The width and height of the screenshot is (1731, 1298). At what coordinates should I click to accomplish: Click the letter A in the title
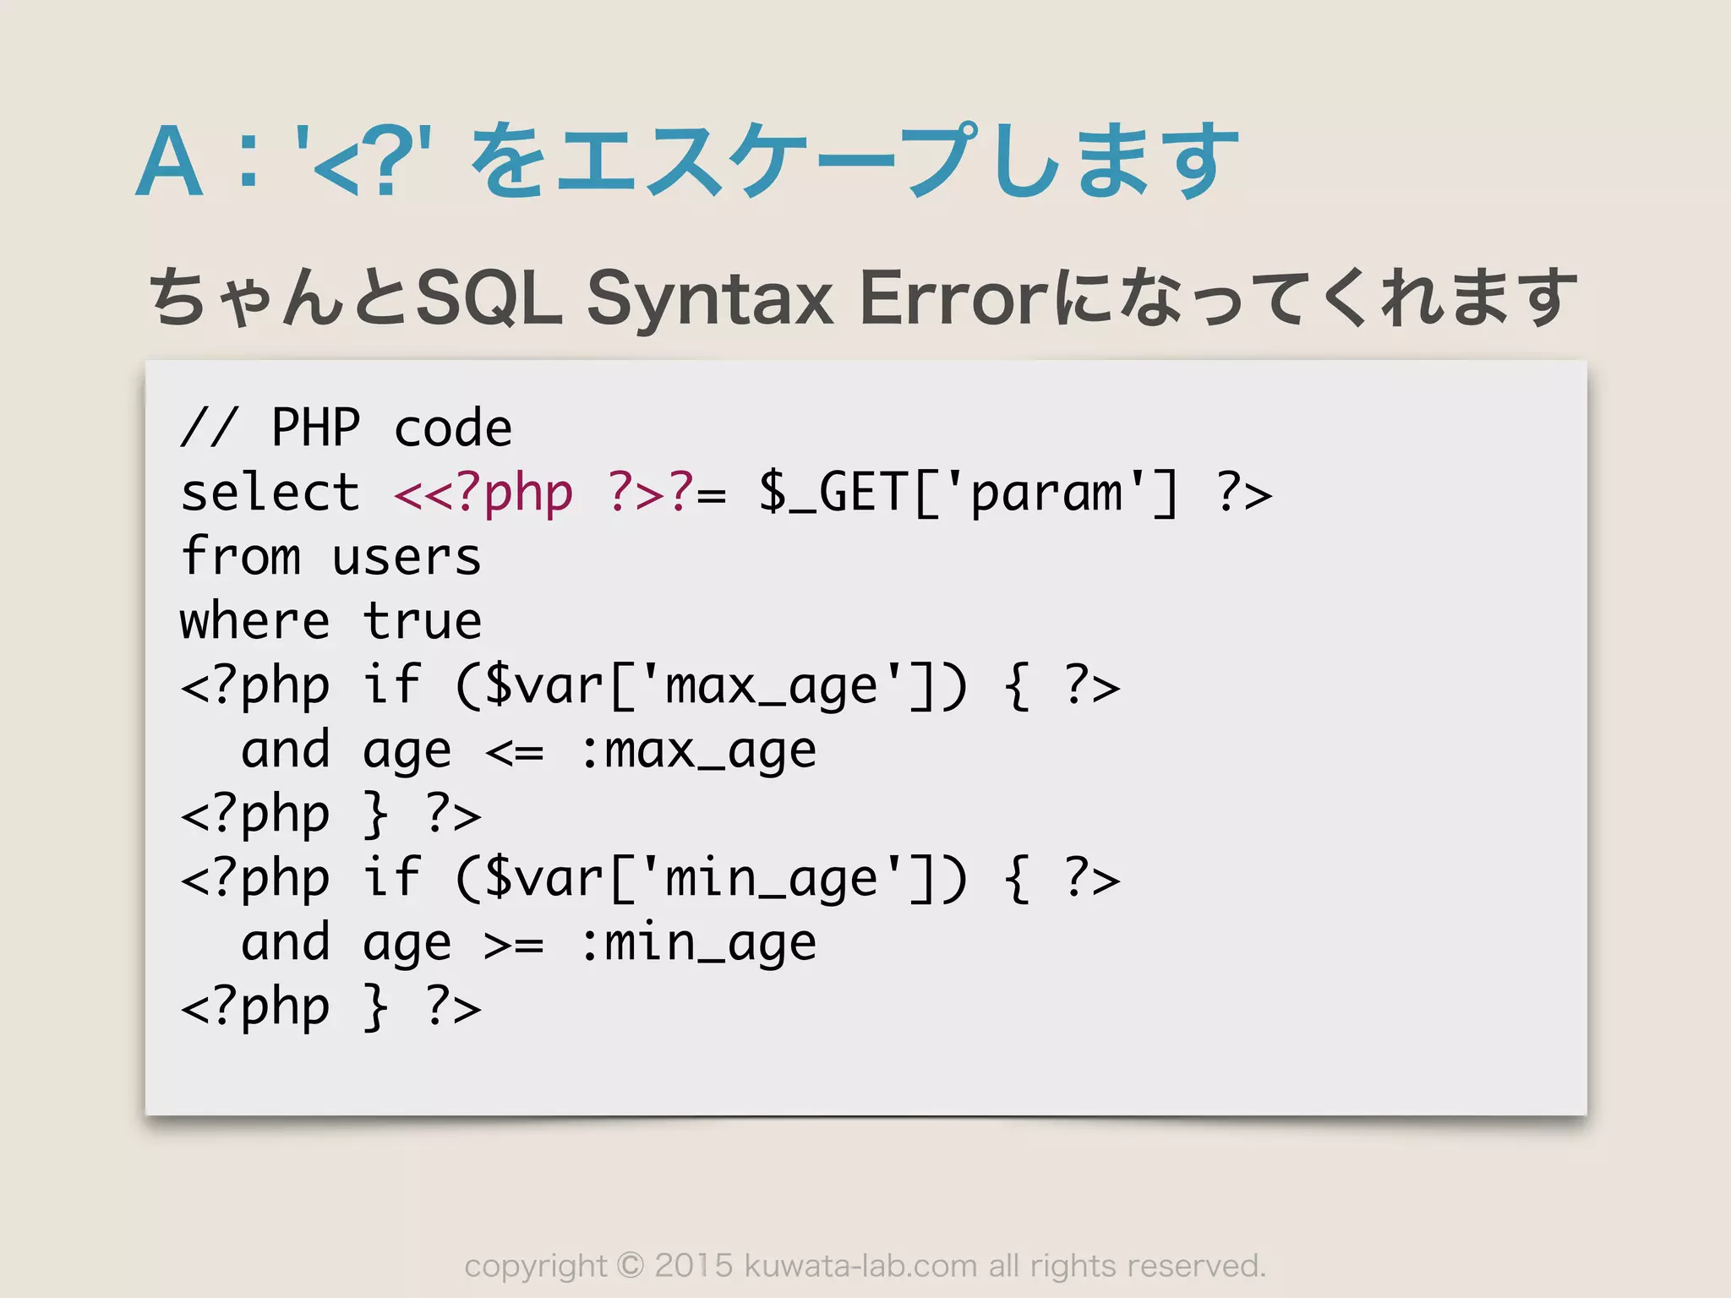click(169, 162)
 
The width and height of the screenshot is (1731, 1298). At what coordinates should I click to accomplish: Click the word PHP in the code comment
click(315, 428)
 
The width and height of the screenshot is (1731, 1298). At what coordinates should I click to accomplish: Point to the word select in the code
click(270, 493)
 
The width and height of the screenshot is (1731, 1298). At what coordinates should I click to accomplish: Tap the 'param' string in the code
click(1046, 493)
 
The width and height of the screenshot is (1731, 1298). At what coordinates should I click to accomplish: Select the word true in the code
click(422, 622)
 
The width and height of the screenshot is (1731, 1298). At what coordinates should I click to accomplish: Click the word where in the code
click(254, 622)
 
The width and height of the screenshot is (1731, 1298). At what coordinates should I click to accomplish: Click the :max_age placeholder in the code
click(698, 750)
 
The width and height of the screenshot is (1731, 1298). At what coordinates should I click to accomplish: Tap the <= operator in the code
click(514, 750)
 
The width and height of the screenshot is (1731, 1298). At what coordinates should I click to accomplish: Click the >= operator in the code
click(514, 943)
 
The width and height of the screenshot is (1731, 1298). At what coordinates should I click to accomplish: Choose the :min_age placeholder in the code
click(698, 943)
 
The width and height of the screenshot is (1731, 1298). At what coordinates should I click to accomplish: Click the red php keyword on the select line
click(528, 494)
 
